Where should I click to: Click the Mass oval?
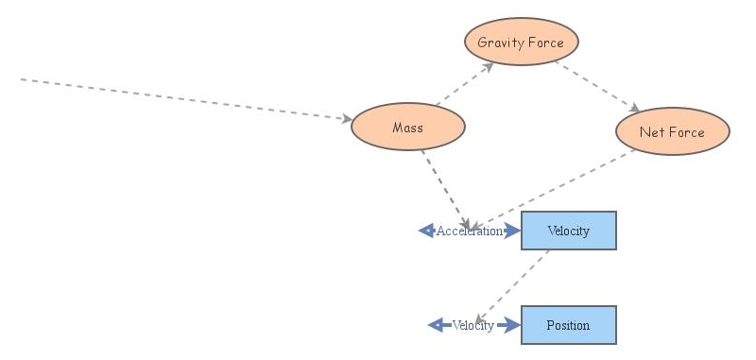coord(407,128)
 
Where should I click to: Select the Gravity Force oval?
coord(521,43)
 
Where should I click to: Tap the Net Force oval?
coord(672,132)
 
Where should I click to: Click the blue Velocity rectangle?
coord(568,231)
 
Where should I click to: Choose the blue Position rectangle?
coord(568,325)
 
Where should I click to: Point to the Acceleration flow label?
coord(469,231)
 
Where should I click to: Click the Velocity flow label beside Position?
coord(472,326)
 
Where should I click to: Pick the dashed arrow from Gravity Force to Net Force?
coord(596,86)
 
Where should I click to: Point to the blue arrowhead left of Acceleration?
coord(426,231)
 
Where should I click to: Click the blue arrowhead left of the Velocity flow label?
coord(436,325)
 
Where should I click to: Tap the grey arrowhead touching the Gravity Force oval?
coord(488,65)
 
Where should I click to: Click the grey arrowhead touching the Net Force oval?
coord(635,109)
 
